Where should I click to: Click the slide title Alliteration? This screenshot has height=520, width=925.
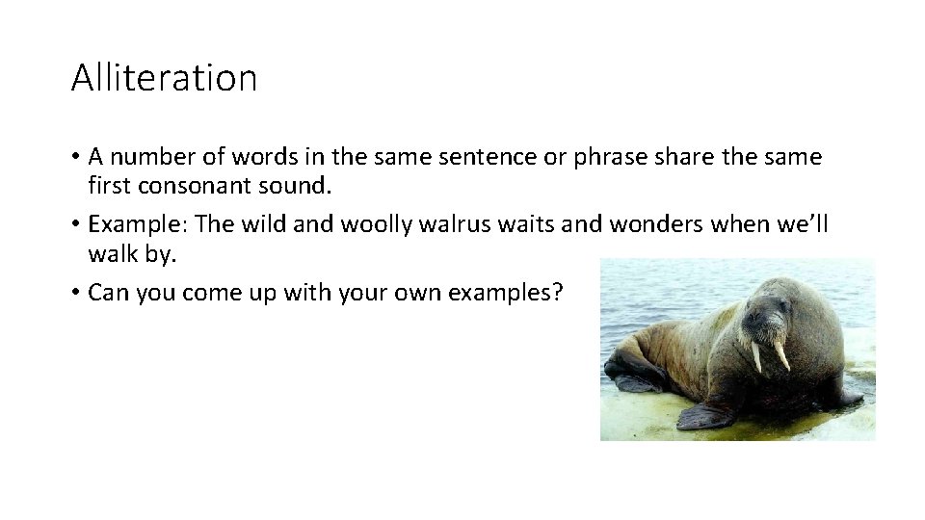click(164, 77)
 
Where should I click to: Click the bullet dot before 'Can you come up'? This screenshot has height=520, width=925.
click(75, 293)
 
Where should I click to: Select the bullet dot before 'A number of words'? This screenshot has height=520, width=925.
click(75, 156)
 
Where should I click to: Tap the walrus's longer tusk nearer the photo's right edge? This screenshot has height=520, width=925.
click(780, 354)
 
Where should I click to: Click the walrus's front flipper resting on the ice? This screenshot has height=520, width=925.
click(707, 415)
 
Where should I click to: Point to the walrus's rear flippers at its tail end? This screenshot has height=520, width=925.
click(626, 376)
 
